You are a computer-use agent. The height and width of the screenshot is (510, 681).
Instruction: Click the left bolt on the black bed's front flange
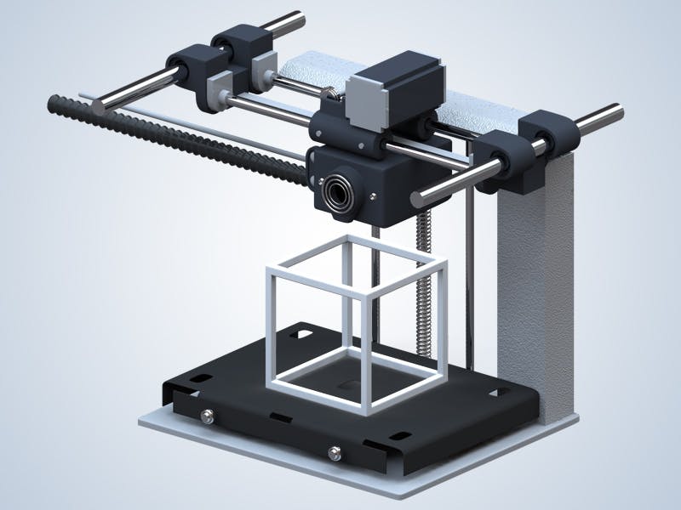click(x=207, y=415)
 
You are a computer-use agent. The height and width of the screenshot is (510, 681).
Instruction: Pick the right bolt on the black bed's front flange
click(x=335, y=451)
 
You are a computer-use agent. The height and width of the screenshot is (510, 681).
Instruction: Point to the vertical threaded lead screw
click(x=423, y=280)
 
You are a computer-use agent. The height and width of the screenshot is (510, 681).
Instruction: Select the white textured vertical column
click(x=532, y=280)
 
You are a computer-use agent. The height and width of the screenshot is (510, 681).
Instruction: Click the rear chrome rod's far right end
click(x=615, y=110)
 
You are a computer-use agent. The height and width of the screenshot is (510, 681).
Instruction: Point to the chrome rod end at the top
click(x=298, y=16)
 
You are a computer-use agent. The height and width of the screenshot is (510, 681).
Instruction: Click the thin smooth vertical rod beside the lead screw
click(x=467, y=280)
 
